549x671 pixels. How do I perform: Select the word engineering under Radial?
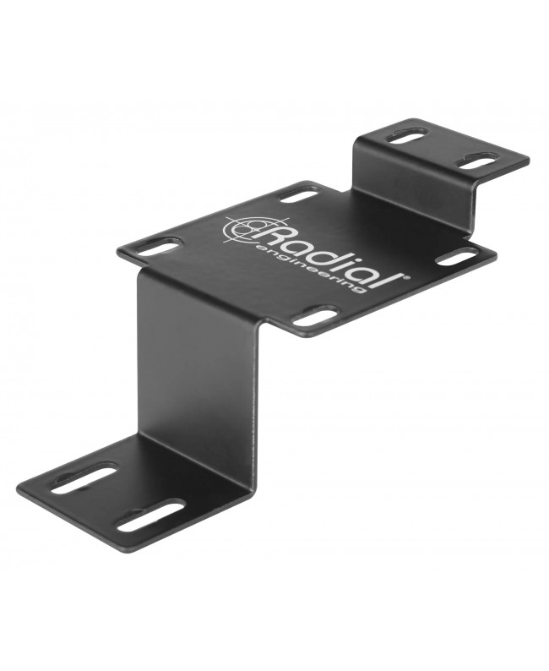pos(312,269)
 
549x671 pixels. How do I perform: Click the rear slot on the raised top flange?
pos(405,138)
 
